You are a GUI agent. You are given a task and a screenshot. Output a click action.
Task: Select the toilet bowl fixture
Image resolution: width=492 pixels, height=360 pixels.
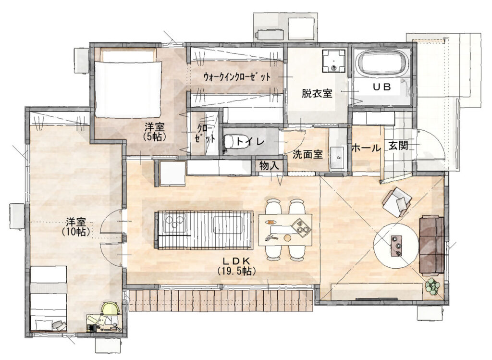pos(233,142)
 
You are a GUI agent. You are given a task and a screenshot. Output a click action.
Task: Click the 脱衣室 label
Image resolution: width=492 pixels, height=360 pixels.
pos(317,94)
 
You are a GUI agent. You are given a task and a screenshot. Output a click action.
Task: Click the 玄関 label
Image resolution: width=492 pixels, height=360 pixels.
pos(398,146)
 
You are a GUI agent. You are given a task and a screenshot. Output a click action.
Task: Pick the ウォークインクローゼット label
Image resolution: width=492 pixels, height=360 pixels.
pos(236,77)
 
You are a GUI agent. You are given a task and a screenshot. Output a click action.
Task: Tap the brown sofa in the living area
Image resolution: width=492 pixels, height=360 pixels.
pos(431,244)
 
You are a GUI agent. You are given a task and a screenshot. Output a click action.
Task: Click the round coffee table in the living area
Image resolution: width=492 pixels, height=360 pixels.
pos(395,246)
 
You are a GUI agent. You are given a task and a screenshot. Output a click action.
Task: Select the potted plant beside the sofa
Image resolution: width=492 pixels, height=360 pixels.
pos(432,287)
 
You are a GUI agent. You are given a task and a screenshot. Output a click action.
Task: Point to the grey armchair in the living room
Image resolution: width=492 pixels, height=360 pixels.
pos(397,201)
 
